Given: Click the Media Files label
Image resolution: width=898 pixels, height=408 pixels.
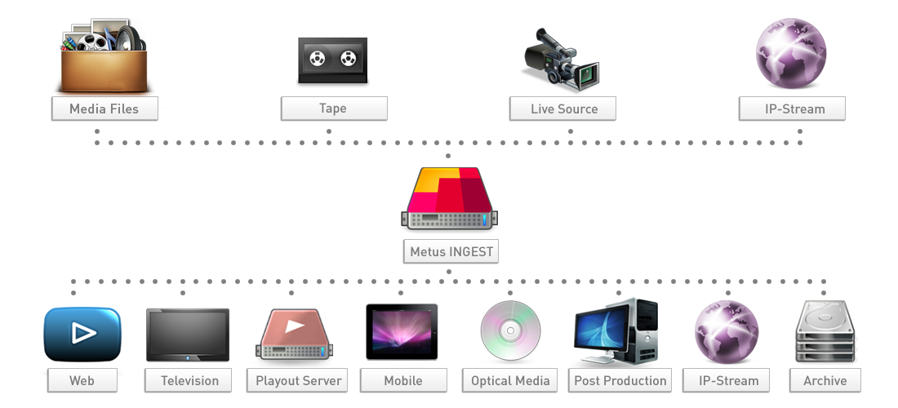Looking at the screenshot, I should (104, 109).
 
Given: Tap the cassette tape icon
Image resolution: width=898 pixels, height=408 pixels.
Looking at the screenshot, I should (332, 61).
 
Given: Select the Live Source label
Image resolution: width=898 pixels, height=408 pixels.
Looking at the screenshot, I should (564, 109).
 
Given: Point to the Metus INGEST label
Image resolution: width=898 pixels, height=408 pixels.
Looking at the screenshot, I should (451, 251).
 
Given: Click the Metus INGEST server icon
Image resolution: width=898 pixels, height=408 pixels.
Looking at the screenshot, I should (450, 200).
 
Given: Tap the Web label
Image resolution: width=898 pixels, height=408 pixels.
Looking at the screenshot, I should (82, 380).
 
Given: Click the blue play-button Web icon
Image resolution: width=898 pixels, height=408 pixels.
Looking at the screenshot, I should (81, 336).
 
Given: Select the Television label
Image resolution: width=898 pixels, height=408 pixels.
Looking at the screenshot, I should (189, 380).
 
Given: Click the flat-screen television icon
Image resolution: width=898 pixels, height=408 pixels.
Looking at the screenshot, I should (187, 335).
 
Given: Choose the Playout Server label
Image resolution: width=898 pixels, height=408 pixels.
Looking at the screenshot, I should (298, 380).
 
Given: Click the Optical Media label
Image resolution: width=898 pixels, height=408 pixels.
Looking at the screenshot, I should (510, 380).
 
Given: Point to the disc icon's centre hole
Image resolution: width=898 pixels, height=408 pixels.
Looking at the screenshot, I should (510, 332).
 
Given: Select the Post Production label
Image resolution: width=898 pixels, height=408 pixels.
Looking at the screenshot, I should (620, 380).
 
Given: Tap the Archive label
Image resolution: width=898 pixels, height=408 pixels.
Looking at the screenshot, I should (825, 380).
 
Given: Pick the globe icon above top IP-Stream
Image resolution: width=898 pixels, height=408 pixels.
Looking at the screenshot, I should (791, 54).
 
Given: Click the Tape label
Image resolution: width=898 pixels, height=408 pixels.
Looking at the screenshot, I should (333, 109).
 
